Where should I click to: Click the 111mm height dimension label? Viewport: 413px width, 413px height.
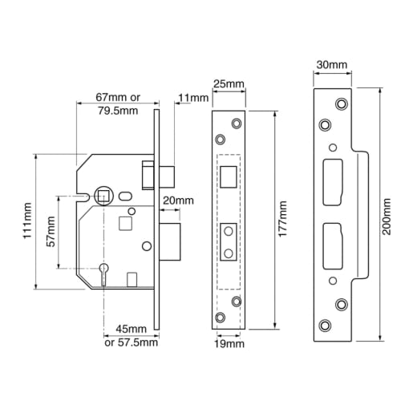coord(28,221)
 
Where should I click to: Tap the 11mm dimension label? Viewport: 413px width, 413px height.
coord(194,98)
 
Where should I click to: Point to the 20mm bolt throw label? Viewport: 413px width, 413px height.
coord(178,200)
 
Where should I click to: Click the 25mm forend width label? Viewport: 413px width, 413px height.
coord(229,83)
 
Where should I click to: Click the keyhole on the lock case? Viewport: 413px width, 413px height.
coord(103,273)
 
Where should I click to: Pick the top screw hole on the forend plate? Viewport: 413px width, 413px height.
coord(236,123)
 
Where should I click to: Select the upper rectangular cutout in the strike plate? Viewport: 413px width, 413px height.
coord(333,174)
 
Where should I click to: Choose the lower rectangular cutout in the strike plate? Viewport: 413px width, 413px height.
coord(333,246)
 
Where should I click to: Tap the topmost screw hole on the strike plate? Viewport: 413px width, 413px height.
coord(341,104)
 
